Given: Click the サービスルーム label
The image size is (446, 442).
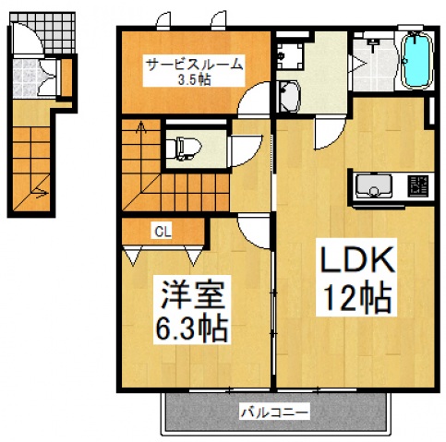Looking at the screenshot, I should (x=194, y=65).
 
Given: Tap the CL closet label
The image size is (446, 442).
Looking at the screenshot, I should (x=160, y=231).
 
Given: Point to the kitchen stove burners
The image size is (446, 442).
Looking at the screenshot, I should (x=417, y=186).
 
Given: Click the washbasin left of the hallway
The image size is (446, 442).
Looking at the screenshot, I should (x=286, y=96).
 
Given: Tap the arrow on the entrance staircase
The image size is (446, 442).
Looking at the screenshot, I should (x=39, y=193).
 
